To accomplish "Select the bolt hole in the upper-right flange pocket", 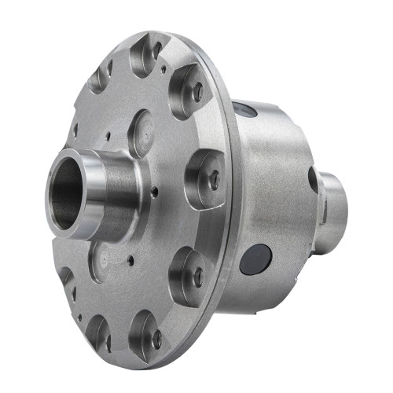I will click(x=197, y=92).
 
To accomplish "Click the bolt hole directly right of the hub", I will click(x=214, y=179).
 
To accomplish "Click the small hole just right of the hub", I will click(x=155, y=191).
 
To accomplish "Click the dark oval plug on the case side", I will click(x=256, y=259).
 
